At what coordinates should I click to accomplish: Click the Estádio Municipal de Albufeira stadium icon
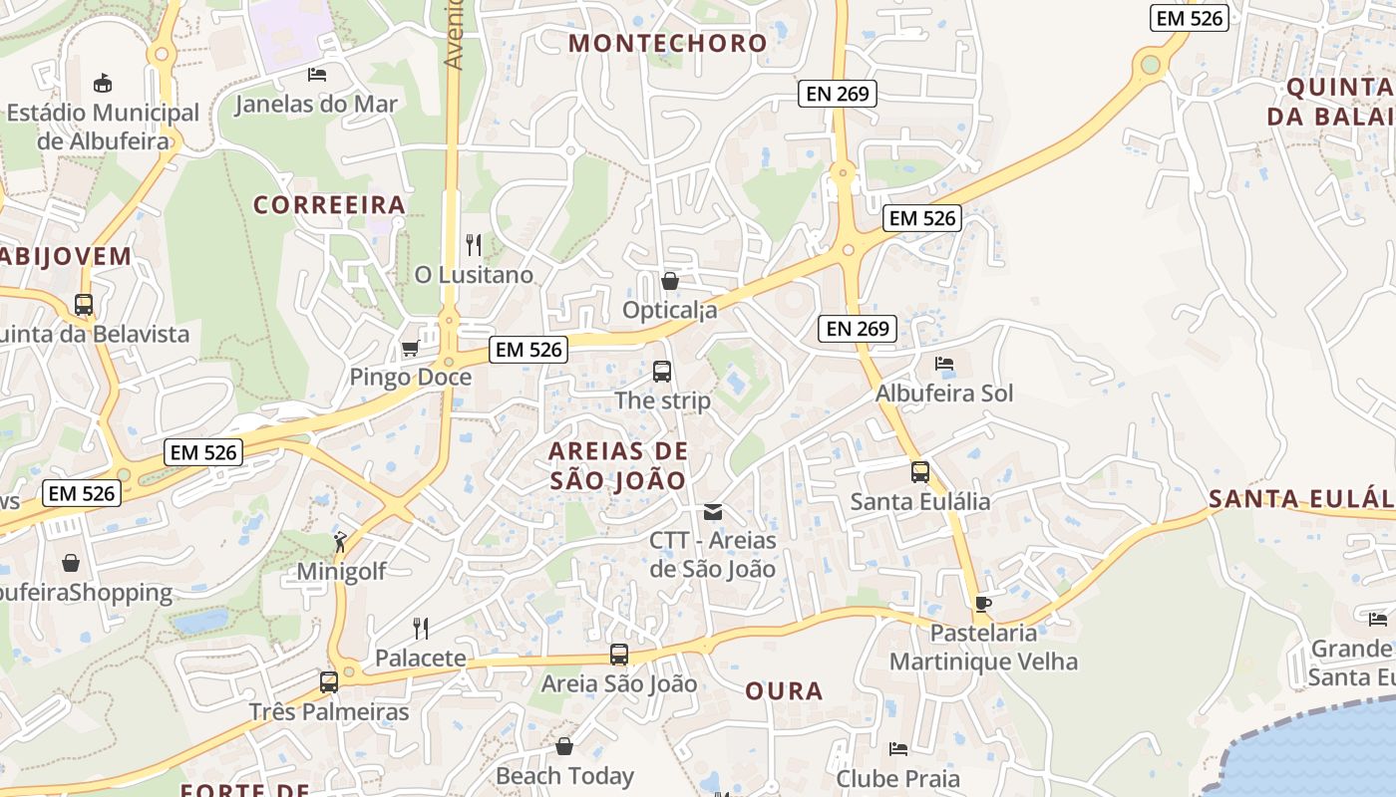102,82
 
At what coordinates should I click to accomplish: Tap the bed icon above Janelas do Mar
317,74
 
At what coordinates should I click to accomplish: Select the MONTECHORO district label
667,43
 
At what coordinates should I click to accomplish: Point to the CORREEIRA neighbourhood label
329,205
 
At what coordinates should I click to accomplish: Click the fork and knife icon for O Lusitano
474,244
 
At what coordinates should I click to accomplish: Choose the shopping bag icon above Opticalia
670,281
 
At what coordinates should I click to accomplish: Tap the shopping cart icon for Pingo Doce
410,349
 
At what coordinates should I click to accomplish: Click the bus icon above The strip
662,372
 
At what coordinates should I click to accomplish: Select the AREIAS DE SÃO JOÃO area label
618,466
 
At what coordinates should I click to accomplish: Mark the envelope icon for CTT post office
713,512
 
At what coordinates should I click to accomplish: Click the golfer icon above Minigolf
341,543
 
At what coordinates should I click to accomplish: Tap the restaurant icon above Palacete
421,628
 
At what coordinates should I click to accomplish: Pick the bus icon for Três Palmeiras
329,682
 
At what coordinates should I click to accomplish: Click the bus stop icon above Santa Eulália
920,472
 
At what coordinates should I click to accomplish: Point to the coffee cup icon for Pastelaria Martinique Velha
983,604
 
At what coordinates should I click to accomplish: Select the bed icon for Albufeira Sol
944,364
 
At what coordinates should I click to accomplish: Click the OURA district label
784,690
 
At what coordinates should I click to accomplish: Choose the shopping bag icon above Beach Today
564,746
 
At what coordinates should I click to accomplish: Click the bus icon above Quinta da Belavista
84,305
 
